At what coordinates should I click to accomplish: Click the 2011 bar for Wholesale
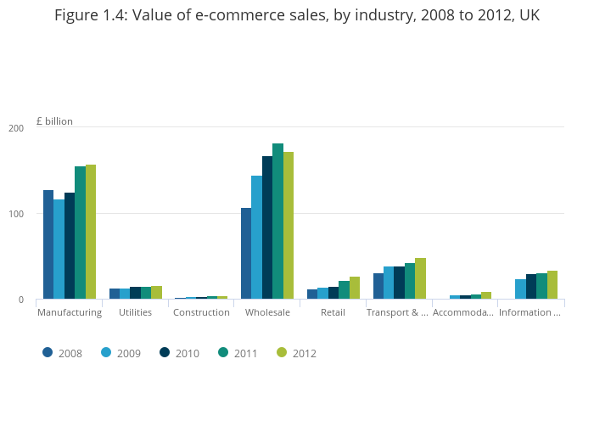pyautogui.click(x=277, y=221)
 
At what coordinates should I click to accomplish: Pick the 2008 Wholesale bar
pyautogui.click(x=246, y=254)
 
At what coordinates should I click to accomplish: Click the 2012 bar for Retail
pyautogui.click(x=355, y=288)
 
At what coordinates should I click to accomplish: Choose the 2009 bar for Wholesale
pyautogui.click(x=256, y=238)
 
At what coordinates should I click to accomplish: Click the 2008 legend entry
pyautogui.click(x=64, y=353)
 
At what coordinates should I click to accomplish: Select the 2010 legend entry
pyautogui.click(x=181, y=353)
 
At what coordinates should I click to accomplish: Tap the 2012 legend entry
pyautogui.click(x=298, y=353)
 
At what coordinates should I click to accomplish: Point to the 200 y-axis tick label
pyautogui.click(x=16, y=128)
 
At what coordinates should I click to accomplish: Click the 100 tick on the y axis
pyautogui.click(x=16, y=214)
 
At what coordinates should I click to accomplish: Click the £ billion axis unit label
pyautogui.click(x=54, y=121)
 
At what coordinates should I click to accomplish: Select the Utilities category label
pyautogui.click(x=136, y=312)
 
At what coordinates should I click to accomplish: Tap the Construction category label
pyautogui.click(x=201, y=312)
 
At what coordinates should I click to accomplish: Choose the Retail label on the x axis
pyautogui.click(x=333, y=312)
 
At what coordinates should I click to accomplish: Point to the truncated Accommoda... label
pyautogui.click(x=462, y=312)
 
